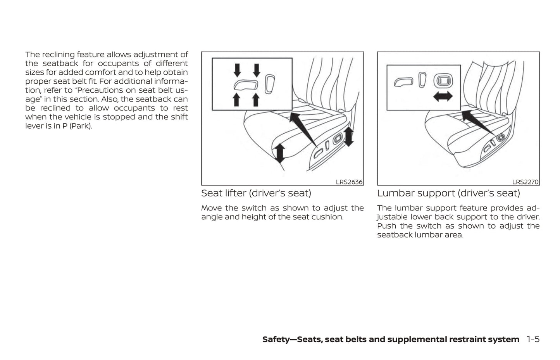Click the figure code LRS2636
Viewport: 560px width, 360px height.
(349, 182)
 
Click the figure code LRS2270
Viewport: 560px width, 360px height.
(525, 182)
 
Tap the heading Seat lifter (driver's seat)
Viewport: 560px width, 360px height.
(256, 193)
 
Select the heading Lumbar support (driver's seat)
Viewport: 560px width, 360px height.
(448, 193)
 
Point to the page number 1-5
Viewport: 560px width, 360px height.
(533, 339)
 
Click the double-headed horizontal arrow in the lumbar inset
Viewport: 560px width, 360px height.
(443, 96)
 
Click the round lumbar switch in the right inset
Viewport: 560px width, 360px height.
(442, 81)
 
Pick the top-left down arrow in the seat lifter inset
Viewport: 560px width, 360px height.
(237, 70)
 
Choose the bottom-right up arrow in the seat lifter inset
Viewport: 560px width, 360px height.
(255, 99)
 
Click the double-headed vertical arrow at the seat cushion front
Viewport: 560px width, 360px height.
(279, 152)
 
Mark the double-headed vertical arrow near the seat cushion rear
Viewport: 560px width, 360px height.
(348, 136)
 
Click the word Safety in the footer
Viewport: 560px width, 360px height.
(276, 339)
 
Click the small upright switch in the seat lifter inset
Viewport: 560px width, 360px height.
(269, 84)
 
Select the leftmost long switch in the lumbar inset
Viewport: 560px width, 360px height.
(403, 82)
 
